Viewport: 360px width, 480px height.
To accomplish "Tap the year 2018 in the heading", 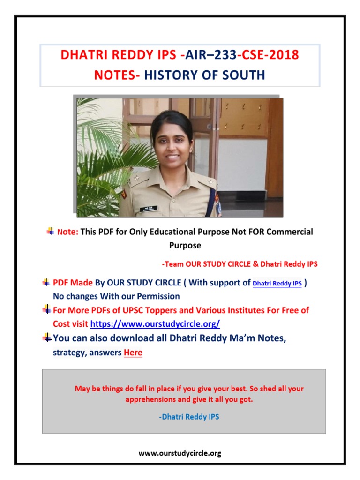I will (282, 55).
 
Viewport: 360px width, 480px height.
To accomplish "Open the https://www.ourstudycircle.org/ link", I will (155, 323).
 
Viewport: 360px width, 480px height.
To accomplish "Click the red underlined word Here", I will (133, 352).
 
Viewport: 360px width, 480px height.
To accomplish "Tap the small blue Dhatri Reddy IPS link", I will (277, 284).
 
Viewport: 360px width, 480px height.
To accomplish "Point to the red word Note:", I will (67, 232).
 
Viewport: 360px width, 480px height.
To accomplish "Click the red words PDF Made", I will (73, 283).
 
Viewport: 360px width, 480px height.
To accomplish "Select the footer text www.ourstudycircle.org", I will (180, 453).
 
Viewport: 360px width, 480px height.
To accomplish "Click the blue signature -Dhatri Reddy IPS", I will (189, 416).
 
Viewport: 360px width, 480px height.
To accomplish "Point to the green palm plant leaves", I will (101, 155).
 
